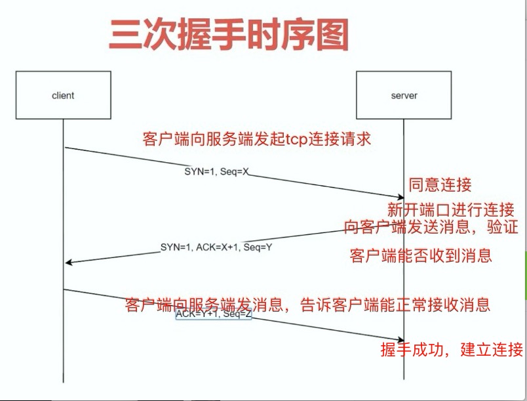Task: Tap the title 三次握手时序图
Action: pos(229,35)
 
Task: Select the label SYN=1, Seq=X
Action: pos(217,171)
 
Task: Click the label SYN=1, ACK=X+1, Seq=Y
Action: pos(216,247)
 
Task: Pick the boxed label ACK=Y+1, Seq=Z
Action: pos(214,314)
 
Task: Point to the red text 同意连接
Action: pos(440,184)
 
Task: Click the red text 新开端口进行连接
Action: pos(451,209)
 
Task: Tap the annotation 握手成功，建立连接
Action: pos(452,349)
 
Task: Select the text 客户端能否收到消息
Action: pos(421,255)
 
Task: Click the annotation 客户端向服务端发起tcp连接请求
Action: pos(257,139)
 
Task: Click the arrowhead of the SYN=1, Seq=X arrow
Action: pos(401,198)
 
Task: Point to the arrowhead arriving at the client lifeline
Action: pos(68,262)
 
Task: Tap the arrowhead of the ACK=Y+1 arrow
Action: pos(401,340)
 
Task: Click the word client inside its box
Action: pos(63,96)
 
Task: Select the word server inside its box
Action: pos(404,96)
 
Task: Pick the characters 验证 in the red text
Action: pos(503,226)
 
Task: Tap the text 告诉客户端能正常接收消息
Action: pos(395,305)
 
